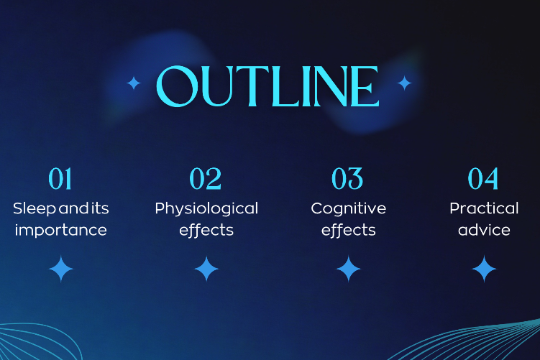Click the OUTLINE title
click(x=267, y=86)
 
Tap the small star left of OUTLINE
click(x=134, y=83)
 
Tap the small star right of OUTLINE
click(x=404, y=83)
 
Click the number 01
click(x=60, y=179)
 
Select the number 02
click(x=206, y=179)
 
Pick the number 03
click(x=347, y=179)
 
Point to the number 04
click(x=483, y=179)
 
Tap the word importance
click(x=60, y=230)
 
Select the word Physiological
click(x=206, y=209)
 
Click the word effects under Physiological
click(x=206, y=230)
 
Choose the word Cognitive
click(x=349, y=208)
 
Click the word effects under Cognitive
click(x=349, y=230)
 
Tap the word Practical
click(x=484, y=208)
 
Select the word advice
click(x=484, y=230)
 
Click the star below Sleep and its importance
click(x=61, y=269)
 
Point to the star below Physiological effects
click(x=206, y=269)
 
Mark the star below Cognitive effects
click(x=349, y=269)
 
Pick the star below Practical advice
click(x=484, y=269)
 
